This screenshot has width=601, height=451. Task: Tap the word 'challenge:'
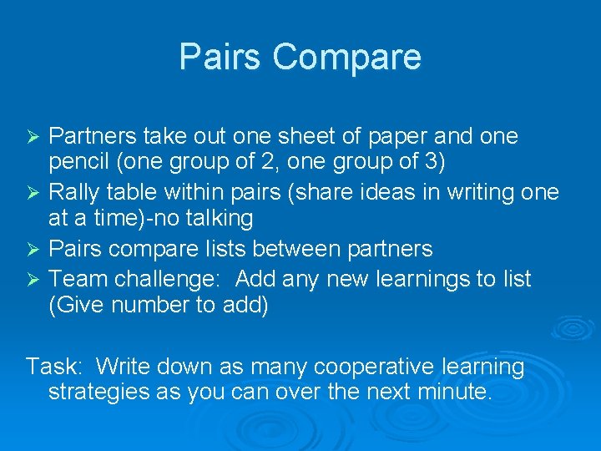[x=162, y=278]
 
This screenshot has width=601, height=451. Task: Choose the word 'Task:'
[x=53, y=367]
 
